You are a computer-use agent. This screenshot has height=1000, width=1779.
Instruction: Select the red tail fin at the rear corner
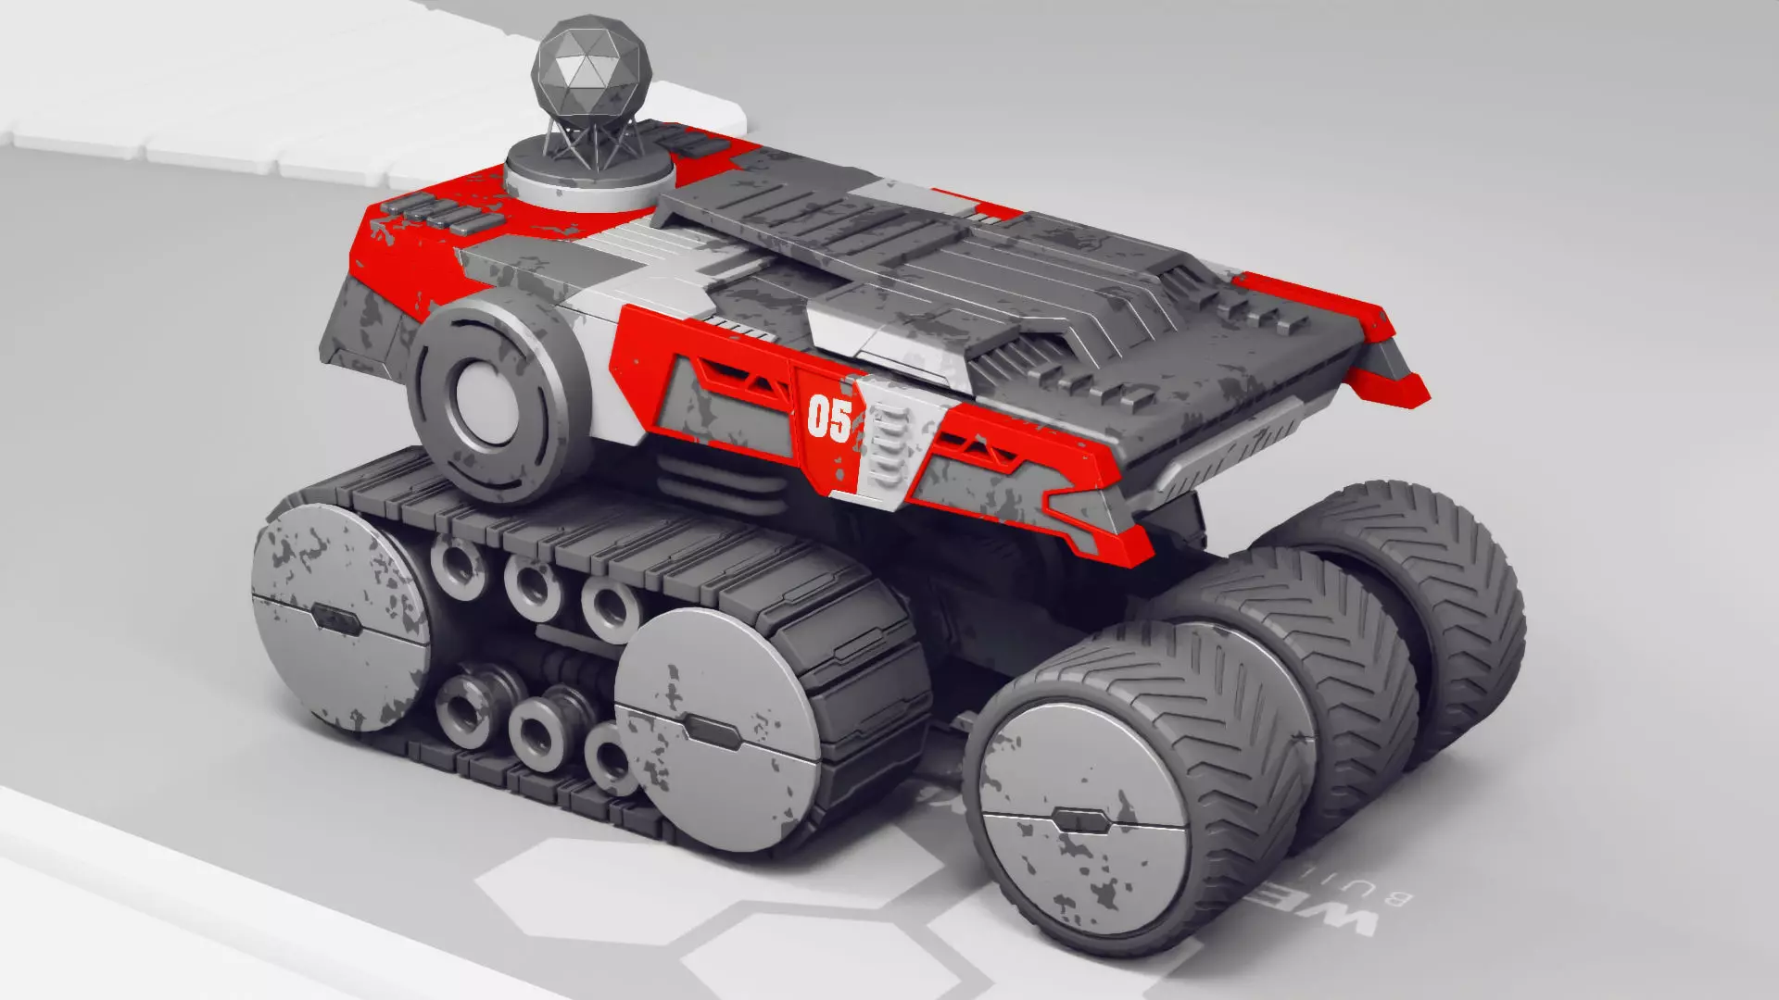click(x=1390, y=380)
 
